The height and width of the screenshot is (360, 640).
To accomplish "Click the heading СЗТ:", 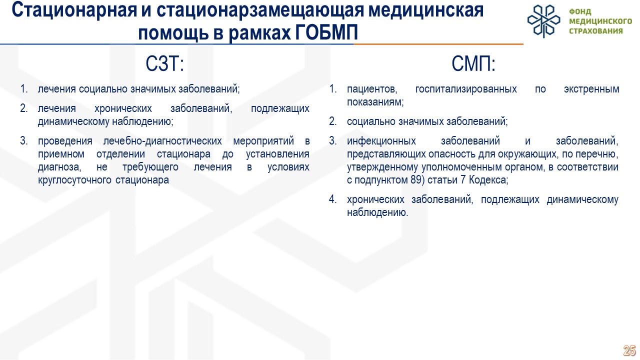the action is [x=165, y=63].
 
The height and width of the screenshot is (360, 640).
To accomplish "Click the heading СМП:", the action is [x=473, y=63].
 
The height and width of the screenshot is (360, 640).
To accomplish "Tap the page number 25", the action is [x=629, y=350].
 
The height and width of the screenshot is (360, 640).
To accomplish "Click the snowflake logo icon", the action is [x=543, y=21].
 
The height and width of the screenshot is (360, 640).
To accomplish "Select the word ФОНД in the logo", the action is [x=580, y=11].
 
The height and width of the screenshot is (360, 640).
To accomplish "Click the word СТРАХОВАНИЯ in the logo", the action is [x=595, y=31].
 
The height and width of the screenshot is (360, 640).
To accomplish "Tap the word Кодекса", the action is [x=488, y=180].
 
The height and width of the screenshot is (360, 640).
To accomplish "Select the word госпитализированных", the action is [x=466, y=89].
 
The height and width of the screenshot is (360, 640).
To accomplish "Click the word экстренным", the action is [x=591, y=89].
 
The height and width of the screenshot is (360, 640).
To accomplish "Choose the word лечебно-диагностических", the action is [x=162, y=141].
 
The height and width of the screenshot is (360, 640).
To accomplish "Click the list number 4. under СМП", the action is [x=333, y=199].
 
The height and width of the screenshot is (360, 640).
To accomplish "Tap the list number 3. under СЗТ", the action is [x=24, y=141].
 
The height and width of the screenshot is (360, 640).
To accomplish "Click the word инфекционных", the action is [x=381, y=141].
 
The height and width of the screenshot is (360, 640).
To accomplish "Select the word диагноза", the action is [x=59, y=167].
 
